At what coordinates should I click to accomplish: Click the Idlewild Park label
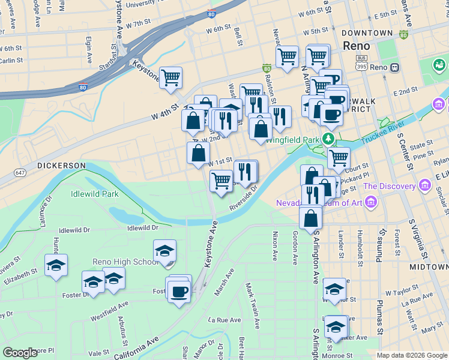pyautogui.click(x=94, y=194)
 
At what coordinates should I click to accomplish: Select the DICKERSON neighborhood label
pyautogui.click(x=61, y=165)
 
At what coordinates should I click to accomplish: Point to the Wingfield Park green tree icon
pyautogui.click(x=328, y=139)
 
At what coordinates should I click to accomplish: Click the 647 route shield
pyautogui.click(x=20, y=173)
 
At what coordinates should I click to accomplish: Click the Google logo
pyautogui.click(x=20, y=353)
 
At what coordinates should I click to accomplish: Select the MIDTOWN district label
pyautogui.click(x=429, y=266)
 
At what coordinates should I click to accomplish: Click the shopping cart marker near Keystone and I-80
pyautogui.click(x=171, y=77)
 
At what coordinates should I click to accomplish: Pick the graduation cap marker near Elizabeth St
pyautogui.click(x=56, y=265)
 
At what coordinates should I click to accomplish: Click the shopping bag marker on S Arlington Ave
pyautogui.click(x=311, y=218)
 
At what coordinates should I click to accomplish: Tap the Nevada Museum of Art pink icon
pyautogui.click(x=371, y=203)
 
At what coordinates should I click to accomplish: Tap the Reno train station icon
pyautogui.click(x=395, y=67)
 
